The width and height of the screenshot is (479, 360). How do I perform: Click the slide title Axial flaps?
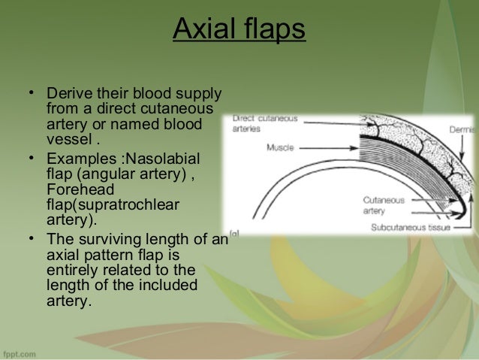[239, 31]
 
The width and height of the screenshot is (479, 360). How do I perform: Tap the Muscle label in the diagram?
[280, 147]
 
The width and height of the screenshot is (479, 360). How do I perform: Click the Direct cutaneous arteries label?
[265, 123]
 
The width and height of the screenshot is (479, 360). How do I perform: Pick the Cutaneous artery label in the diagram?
[384, 206]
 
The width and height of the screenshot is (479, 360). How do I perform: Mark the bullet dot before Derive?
[32, 95]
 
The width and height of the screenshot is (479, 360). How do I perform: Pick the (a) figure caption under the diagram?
[234, 234]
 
